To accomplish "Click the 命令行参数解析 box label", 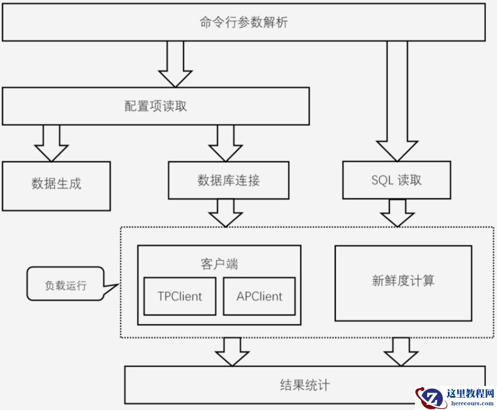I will (x=244, y=23).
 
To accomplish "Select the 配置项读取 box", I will (x=156, y=106).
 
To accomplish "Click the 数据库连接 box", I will (x=228, y=180).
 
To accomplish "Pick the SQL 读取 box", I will (x=396, y=180).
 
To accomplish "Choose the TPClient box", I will (x=179, y=296).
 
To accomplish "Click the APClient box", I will (x=260, y=296).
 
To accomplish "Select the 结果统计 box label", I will (x=304, y=385).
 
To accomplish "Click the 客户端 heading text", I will (x=219, y=264).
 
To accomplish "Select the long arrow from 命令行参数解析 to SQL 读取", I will (x=397, y=101).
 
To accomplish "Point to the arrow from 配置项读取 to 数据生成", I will (x=51, y=143).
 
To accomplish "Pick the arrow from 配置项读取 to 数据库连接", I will (x=226, y=143).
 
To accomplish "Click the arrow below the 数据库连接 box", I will (x=226, y=213).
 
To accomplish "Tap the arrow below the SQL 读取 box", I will (x=397, y=213).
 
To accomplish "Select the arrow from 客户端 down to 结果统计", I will (x=233, y=351).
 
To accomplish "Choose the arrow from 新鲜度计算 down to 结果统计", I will (x=401, y=351).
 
